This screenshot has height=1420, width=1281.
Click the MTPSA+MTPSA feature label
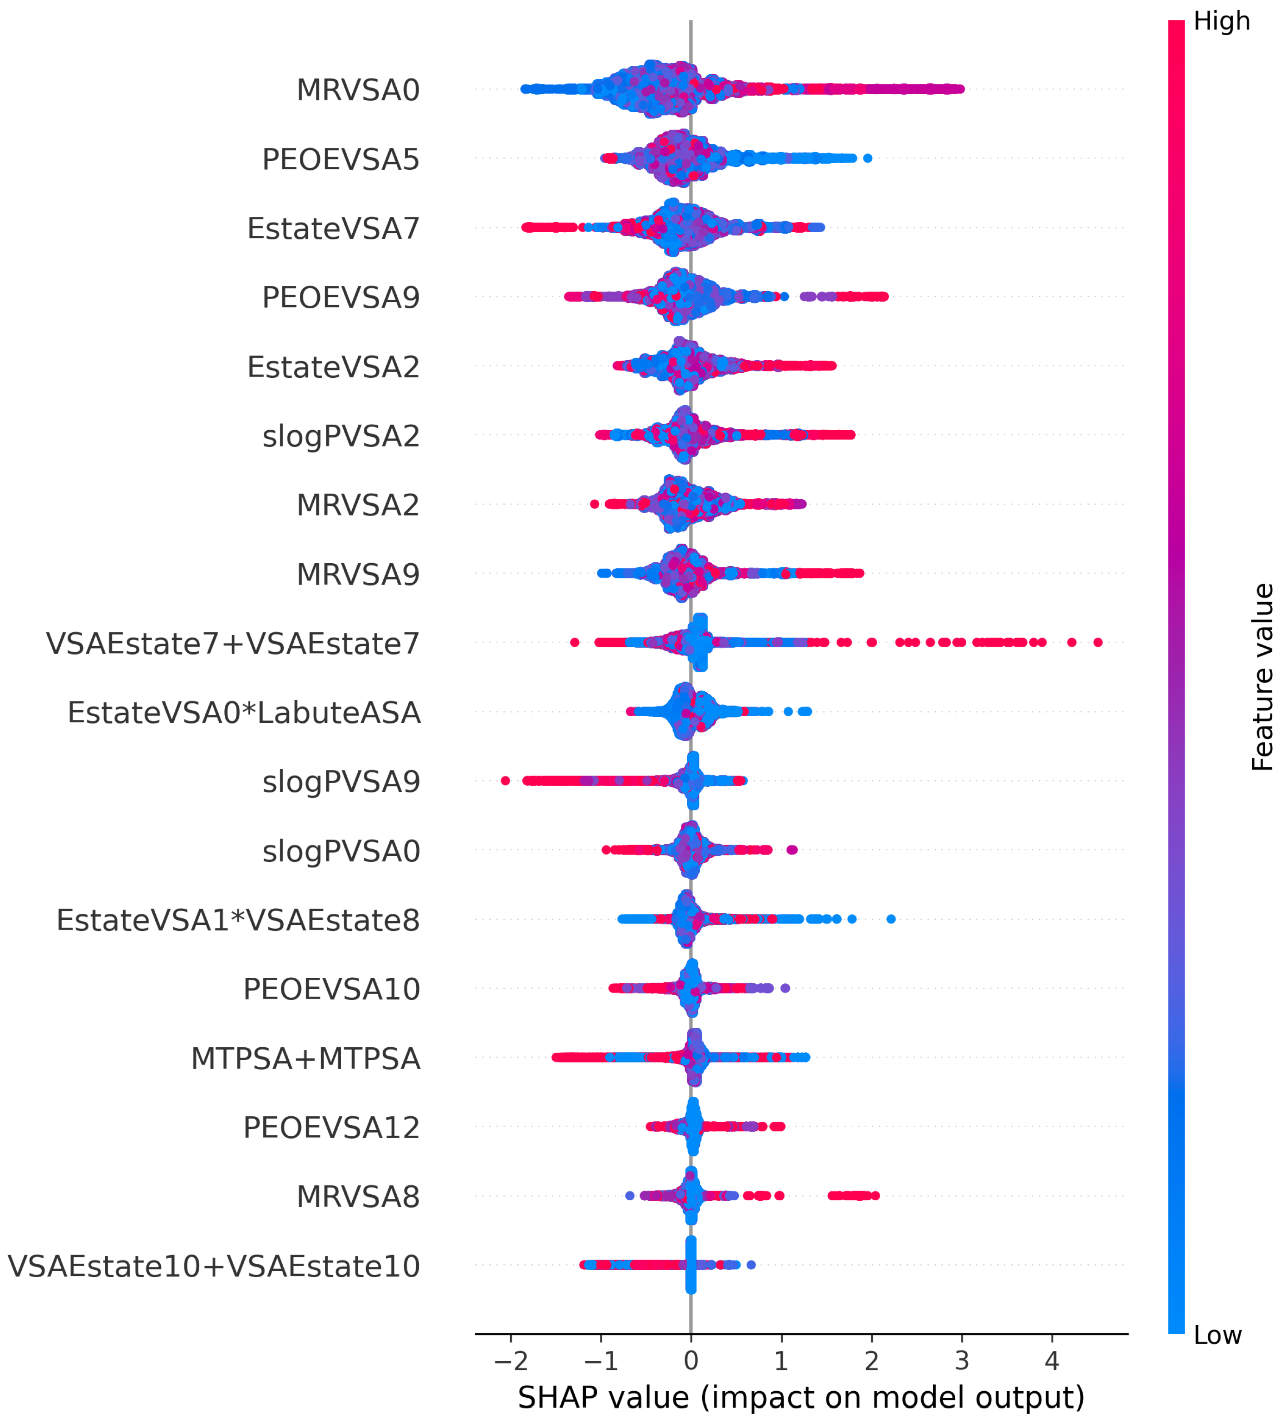tap(305, 1057)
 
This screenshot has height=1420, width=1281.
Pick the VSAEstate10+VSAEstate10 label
tap(214, 1265)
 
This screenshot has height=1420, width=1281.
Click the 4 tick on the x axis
tap(1052, 1360)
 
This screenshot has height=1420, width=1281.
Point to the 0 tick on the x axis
tap(691, 1360)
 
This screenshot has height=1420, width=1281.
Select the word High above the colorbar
tap(1222, 21)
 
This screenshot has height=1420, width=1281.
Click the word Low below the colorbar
tap(1218, 1334)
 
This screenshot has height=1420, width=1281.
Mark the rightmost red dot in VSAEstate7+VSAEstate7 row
tap(1097, 642)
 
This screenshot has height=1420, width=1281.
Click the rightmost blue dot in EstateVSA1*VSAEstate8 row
tap(890, 919)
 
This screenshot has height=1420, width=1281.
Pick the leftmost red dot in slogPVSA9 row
tap(505, 780)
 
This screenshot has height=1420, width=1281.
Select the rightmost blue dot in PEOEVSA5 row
tap(867, 158)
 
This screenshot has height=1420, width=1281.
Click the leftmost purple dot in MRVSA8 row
tap(630, 1196)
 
